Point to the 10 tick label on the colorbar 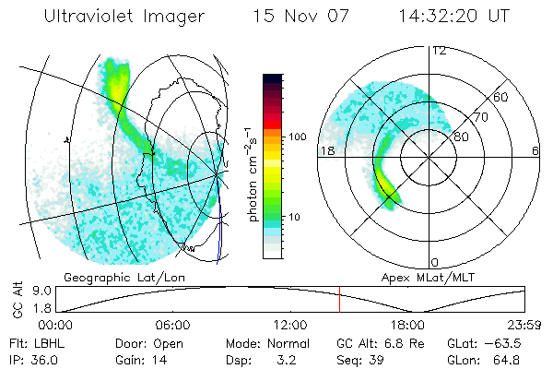click(295, 217)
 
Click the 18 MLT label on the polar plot click(325, 149)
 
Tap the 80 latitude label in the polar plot click(461, 137)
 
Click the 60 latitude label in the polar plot click(501, 97)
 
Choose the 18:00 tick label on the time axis click(407, 325)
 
